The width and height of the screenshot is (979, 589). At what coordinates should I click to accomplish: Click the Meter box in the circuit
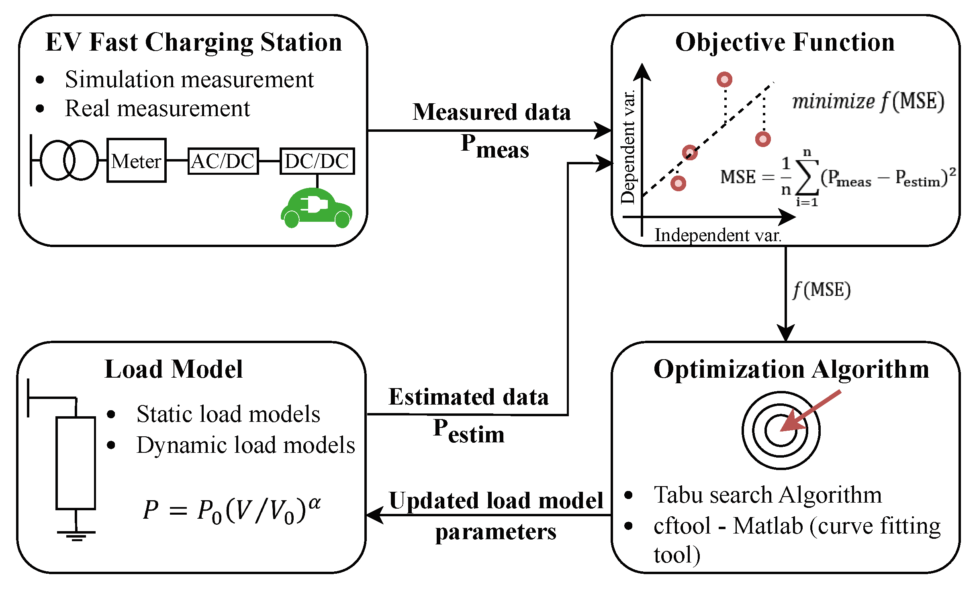(x=136, y=161)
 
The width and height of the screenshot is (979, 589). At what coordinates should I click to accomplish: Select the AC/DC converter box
(x=223, y=161)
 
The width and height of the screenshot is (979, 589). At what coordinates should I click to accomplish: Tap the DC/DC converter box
(x=317, y=161)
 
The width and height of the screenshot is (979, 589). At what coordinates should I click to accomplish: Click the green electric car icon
(x=317, y=208)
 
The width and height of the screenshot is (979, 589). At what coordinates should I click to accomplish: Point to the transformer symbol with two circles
(x=69, y=160)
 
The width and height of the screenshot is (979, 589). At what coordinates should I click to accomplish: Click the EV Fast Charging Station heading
(x=194, y=42)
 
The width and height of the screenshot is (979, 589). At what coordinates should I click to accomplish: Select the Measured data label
(x=491, y=112)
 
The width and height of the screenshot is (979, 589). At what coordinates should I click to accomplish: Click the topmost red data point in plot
(x=724, y=80)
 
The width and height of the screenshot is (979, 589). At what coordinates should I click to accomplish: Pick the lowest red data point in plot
(x=679, y=183)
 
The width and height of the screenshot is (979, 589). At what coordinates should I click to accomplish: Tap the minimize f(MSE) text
(x=868, y=101)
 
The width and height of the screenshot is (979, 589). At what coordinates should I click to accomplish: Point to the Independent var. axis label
(x=718, y=235)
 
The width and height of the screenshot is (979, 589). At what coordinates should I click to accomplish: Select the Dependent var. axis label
(x=628, y=147)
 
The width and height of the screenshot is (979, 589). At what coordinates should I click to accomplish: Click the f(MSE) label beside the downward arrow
(x=822, y=290)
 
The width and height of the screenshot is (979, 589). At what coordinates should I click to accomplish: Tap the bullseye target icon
(x=781, y=430)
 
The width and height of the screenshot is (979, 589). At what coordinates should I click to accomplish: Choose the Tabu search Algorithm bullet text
(x=768, y=495)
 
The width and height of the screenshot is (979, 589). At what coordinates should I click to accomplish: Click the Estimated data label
(x=468, y=397)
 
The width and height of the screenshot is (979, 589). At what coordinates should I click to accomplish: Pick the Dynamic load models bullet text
(x=245, y=445)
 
